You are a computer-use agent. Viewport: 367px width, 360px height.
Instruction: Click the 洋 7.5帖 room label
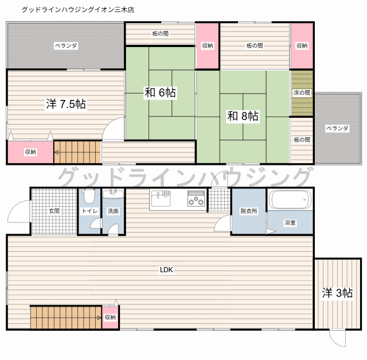coord(66,104)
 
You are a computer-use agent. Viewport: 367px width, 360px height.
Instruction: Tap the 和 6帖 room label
coord(160,92)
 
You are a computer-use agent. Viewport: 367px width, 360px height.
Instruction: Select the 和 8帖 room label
coord(243,117)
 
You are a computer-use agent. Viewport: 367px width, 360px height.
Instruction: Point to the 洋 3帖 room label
coord(337,293)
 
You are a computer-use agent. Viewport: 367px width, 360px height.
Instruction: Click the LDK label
coord(166,269)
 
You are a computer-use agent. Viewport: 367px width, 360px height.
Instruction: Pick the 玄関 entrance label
coord(54,211)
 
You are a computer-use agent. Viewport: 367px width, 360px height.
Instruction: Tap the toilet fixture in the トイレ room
coord(89,197)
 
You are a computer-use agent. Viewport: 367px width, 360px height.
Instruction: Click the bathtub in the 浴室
coord(291,200)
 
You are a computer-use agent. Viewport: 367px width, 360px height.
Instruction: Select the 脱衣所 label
coord(249,211)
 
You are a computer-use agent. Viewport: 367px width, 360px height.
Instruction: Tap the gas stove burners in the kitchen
coord(196,200)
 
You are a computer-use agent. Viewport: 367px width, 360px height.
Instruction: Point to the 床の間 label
coord(302,93)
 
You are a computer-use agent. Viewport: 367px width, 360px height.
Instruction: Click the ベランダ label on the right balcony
coord(337,129)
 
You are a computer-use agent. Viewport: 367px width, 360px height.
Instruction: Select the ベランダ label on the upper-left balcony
coord(66,45)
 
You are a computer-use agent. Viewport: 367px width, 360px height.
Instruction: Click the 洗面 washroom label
coord(113,211)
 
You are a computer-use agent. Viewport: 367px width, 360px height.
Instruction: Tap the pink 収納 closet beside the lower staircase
coord(110,317)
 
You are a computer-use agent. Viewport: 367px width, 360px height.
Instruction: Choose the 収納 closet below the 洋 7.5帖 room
coord(30,152)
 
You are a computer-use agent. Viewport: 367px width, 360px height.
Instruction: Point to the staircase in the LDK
coord(65,317)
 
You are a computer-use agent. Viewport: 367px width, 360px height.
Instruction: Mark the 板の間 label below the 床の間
coord(302,140)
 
